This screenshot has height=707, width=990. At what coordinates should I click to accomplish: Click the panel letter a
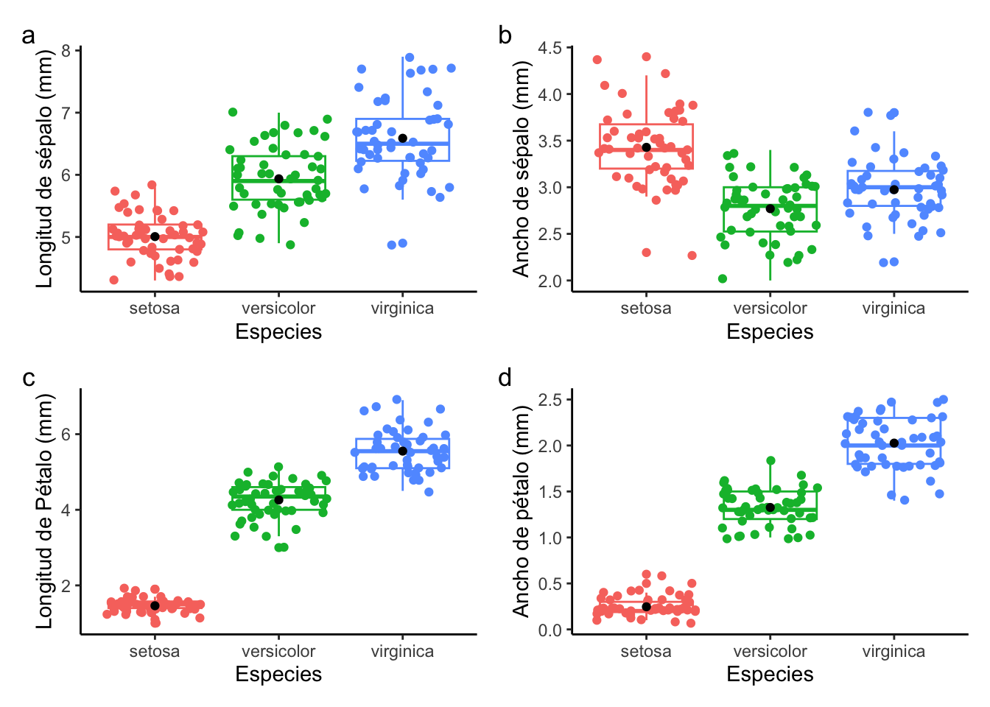click(28, 36)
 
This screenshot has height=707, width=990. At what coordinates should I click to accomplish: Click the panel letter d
click(505, 379)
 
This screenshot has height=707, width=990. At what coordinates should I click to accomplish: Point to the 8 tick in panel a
click(66, 51)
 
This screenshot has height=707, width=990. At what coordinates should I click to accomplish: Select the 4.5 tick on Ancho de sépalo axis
click(550, 49)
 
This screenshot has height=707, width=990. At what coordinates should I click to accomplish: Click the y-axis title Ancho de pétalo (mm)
click(522, 512)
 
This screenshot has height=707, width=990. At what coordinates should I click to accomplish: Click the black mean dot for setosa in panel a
click(155, 236)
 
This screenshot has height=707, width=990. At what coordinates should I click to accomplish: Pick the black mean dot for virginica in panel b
click(894, 189)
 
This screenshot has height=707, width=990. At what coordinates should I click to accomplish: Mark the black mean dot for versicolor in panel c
click(278, 500)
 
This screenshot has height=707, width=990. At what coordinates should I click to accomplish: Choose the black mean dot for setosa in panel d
click(647, 607)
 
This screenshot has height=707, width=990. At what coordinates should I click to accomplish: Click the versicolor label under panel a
click(278, 309)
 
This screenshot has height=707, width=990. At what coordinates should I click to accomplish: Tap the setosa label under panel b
click(646, 309)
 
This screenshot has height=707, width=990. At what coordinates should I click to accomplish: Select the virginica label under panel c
click(402, 652)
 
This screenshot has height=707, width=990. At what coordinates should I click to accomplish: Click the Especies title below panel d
click(770, 675)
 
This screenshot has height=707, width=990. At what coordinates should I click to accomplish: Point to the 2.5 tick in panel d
click(550, 400)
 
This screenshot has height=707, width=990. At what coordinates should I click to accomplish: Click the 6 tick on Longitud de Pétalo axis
click(66, 435)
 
